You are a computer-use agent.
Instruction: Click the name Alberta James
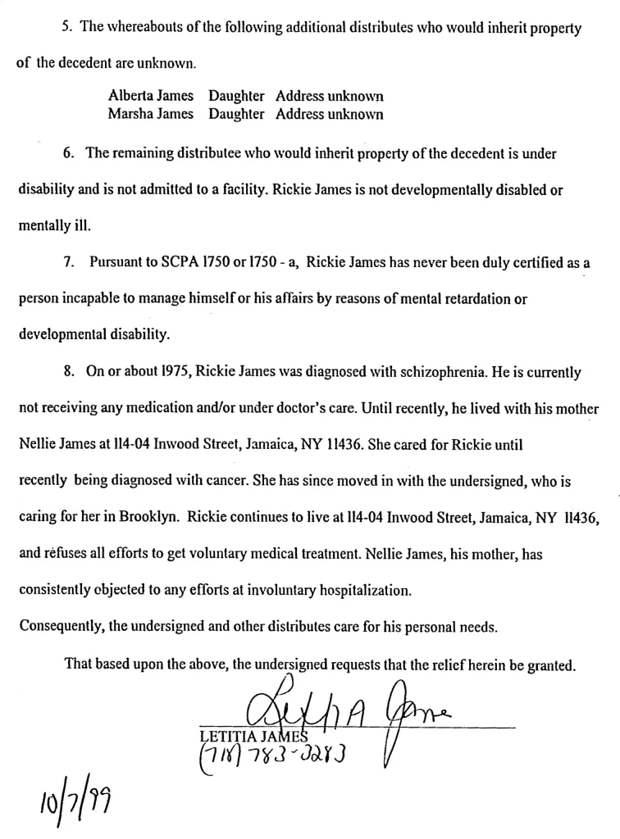click(x=151, y=97)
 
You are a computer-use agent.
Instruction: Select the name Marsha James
click(x=151, y=115)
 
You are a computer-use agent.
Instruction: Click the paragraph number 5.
click(x=66, y=28)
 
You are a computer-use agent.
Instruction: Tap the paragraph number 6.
click(x=66, y=153)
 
